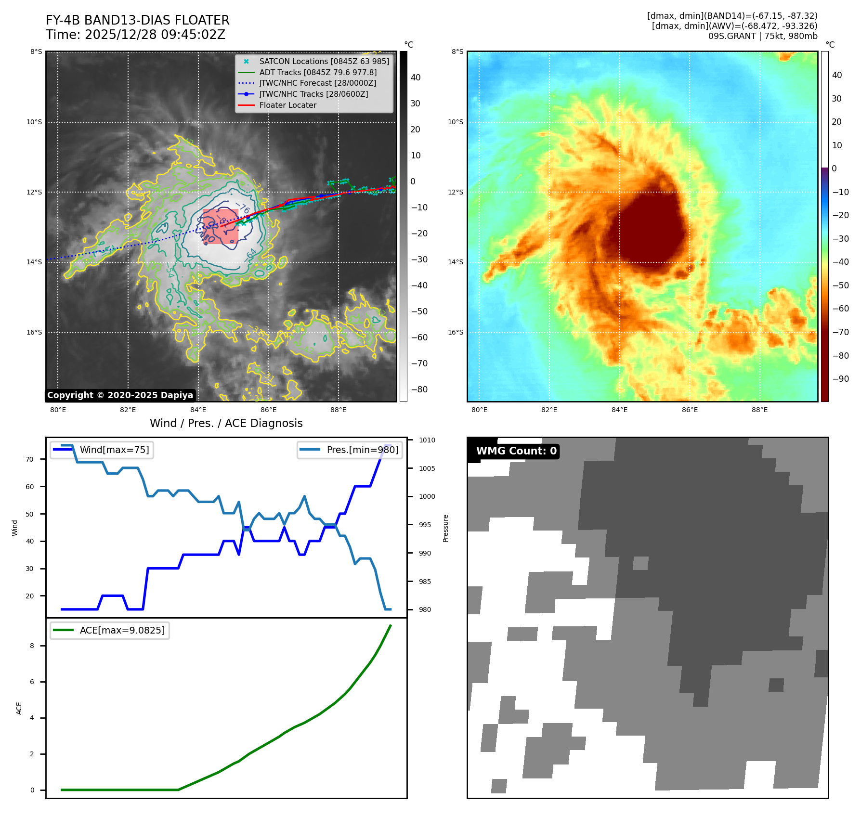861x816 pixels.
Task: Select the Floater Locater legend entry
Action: click(287, 105)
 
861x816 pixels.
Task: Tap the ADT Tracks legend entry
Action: click(318, 73)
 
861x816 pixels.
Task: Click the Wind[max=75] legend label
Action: click(114, 450)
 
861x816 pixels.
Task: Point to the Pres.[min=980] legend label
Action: click(362, 450)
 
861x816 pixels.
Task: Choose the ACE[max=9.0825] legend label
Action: click(122, 630)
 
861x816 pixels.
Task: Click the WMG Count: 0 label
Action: click(516, 451)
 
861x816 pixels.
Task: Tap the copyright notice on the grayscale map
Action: click(120, 395)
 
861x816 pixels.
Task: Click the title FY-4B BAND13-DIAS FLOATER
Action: click(137, 20)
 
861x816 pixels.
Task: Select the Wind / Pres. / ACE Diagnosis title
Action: click(226, 423)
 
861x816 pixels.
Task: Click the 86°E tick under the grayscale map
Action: click(268, 410)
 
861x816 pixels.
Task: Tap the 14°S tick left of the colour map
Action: click(456, 262)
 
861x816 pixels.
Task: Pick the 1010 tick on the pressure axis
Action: click(427, 440)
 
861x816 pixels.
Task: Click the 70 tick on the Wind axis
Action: click(30, 459)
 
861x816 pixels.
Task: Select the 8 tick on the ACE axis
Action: click(32, 646)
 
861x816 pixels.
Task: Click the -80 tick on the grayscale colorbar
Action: click(419, 389)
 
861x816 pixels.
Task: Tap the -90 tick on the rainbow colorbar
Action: click(840, 379)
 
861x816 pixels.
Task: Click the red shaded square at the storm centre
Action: click(221, 226)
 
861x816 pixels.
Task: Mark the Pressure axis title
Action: click(445, 528)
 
